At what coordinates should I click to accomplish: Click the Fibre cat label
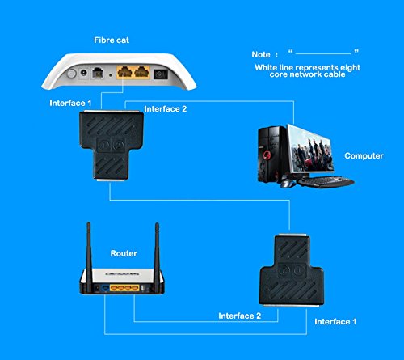click(x=112, y=40)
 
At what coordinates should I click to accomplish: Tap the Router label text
click(x=124, y=253)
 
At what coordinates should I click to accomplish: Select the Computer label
click(x=364, y=156)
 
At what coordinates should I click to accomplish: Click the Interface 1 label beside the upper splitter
click(x=70, y=103)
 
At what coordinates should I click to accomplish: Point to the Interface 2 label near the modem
click(x=165, y=109)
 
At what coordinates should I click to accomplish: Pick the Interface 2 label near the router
click(x=240, y=316)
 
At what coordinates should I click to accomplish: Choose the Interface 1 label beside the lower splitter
click(x=335, y=321)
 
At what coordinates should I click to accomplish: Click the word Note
click(x=261, y=54)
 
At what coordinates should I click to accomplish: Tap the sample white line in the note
click(x=323, y=54)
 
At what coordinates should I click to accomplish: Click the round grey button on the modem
click(x=71, y=74)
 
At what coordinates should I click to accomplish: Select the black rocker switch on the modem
click(x=161, y=74)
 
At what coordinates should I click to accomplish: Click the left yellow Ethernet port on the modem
click(x=124, y=72)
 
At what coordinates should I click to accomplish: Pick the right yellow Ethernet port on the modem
click(x=142, y=72)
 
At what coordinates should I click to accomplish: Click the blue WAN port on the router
click(x=105, y=289)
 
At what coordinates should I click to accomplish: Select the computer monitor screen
click(x=310, y=149)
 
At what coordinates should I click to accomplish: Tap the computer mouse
click(x=287, y=184)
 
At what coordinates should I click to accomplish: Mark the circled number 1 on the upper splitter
click(x=103, y=145)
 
